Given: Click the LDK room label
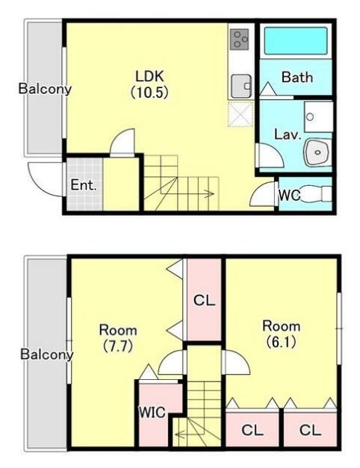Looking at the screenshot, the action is [x=149, y=84].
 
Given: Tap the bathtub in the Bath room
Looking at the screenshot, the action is [x=296, y=41].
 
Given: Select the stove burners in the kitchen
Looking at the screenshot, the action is [x=239, y=39].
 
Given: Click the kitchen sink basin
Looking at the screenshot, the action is [x=241, y=87].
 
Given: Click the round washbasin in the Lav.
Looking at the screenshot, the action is [x=317, y=152].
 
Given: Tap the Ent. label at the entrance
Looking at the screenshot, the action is [x=84, y=185].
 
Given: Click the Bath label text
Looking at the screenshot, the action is [x=297, y=78].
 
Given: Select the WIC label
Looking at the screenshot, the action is [x=152, y=412].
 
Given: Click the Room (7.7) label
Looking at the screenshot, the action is [x=118, y=338].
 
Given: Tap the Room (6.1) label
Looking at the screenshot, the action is [x=281, y=334].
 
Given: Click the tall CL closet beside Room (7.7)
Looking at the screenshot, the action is [x=204, y=299].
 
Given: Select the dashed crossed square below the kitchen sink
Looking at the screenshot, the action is [x=240, y=114].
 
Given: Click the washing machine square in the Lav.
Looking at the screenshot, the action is [x=318, y=116].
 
